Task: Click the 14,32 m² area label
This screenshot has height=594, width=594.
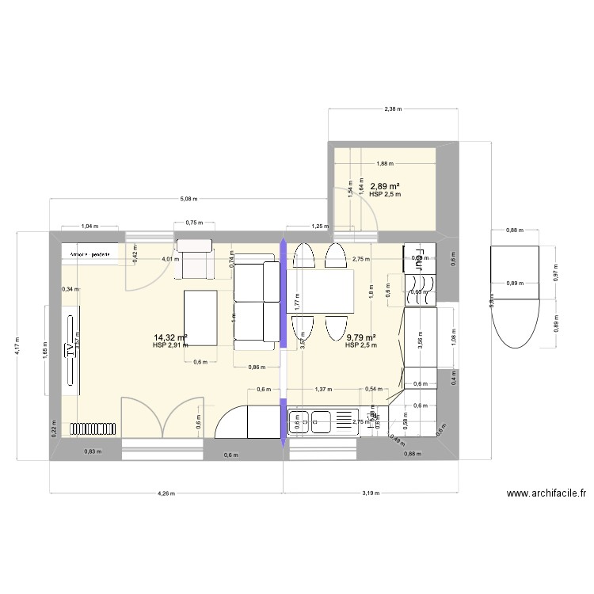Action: tap(170, 337)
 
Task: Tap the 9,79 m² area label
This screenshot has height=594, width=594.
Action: tap(361, 337)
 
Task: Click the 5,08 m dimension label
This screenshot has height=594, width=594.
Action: tap(188, 199)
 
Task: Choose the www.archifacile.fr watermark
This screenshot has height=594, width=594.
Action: tap(546, 493)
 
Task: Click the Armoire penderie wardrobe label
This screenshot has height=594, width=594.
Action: tap(89, 254)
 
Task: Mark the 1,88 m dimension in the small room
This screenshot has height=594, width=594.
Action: tap(384, 164)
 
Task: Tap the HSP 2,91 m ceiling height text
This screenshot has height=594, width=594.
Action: tap(170, 345)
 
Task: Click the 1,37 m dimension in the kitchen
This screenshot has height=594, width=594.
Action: tap(322, 389)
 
